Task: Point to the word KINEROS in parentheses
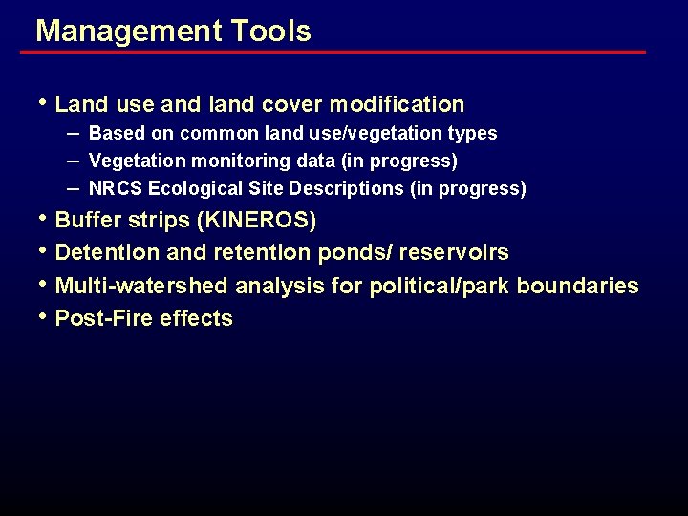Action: [x=255, y=221]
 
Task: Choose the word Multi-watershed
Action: [x=142, y=286]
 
